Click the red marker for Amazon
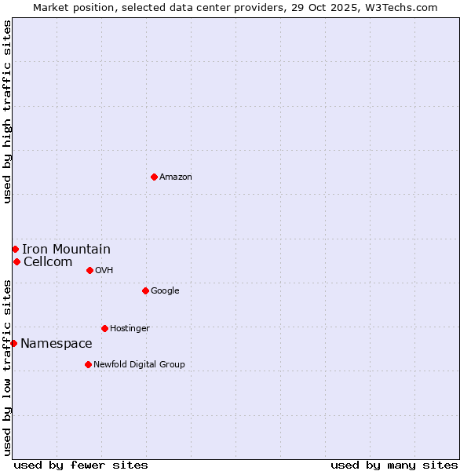pyautogui.click(x=154, y=177)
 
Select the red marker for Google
pyautogui.click(x=145, y=290)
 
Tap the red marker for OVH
pyautogui.click(x=89, y=270)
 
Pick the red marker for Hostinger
pyautogui.click(x=104, y=328)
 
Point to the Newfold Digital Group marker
pyautogui.click(x=88, y=364)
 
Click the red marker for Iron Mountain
pyautogui.click(x=15, y=249)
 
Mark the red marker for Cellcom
pyautogui.click(x=16, y=261)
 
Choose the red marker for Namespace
pyautogui.click(x=13, y=343)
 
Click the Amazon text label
pyautogui.click(x=176, y=177)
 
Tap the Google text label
pyautogui.click(x=165, y=291)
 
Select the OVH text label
pyautogui.click(x=104, y=271)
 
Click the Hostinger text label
pyautogui.click(x=130, y=329)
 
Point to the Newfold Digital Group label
pyautogui.click(x=139, y=365)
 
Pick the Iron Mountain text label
pyautogui.click(x=66, y=250)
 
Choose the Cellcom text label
pyautogui.click(x=48, y=262)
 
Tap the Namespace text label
pyautogui.click(x=56, y=344)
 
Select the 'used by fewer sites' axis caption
pyautogui.click(x=81, y=465)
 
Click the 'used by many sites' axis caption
pyautogui.click(x=394, y=465)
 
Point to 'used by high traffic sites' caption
pyautogui.click(x=8, y=111)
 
